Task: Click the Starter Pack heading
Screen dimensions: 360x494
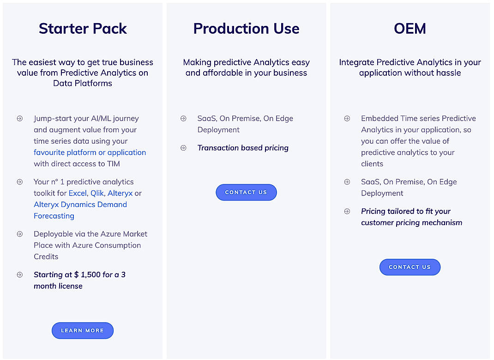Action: coord(83,29)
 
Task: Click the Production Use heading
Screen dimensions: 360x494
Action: coord(246,29)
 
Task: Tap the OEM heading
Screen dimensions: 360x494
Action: coord(410,29)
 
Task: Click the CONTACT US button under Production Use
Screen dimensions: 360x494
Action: coord(246,192)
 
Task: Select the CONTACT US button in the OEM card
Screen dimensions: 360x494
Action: coord(410,267)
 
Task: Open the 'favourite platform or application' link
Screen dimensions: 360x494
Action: coord(90,153)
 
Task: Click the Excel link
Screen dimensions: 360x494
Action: coord(77,193)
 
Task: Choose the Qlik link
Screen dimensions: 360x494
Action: coord(97,193)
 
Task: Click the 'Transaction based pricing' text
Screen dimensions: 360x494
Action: coord(243,148)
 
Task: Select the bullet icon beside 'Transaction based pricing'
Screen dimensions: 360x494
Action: coord(183,148)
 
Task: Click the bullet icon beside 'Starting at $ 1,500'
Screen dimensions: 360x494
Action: coord(20,275)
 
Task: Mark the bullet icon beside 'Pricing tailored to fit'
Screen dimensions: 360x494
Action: coord(347,211)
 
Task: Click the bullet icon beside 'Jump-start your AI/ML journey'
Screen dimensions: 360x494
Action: coord(20,118)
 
